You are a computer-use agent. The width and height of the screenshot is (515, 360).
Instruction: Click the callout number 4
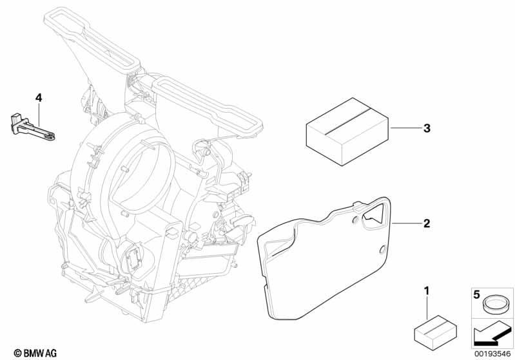pyautogui.click(x=39, y=98)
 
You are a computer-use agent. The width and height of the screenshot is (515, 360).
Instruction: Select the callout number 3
pyautogui.click(x=427, y=128)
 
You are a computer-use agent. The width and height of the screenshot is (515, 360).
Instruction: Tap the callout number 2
pyautogui.click(x=427, y=223)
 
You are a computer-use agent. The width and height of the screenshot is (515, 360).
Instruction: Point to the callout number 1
pyautogui.click(x=427, y=290)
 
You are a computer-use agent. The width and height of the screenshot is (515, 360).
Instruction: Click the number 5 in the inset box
pyautogui.click(x=476, y=295)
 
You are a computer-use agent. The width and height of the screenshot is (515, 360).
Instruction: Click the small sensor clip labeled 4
pyautogui.click(x=32, y=128)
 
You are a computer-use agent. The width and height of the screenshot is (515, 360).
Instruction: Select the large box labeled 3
pyautogui.click(x=348, y=131)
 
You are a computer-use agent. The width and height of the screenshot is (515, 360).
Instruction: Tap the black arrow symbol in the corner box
pyautogui.click(x=492, y=334)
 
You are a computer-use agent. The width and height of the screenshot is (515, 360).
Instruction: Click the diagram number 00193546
pyautogui.click(x=492, y=354)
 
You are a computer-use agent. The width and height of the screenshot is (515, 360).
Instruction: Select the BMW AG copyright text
pyautogui.click(x=35, y=353)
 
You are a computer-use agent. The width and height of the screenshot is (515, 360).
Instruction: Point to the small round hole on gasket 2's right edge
pyautogui.click(x=383, y=250)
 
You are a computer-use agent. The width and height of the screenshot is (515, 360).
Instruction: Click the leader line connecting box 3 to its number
pyautogui.click(x=405, y=128)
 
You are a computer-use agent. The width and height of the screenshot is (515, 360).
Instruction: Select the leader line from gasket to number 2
pyautogui.click(x=406, y=223)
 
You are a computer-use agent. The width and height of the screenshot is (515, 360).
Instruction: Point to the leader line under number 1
pyautogui.click(x=427, y=308)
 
